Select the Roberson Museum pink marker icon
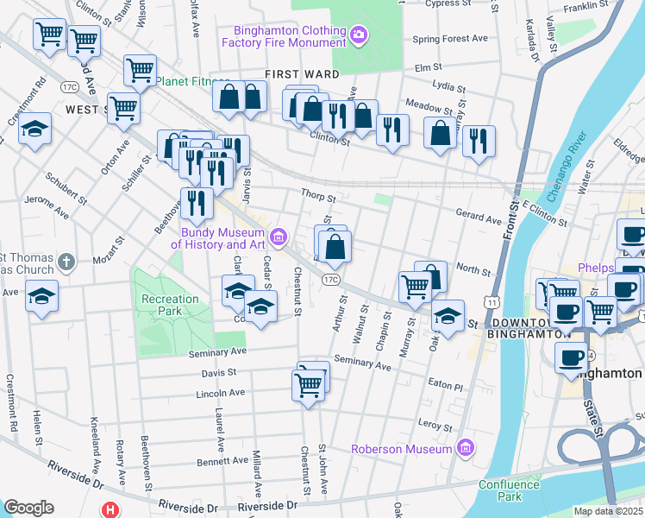tap(467, 448)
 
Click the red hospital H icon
tap(110, 509)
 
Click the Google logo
tap(28, 508)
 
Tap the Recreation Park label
tap(170, 306)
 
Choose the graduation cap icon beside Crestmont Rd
tap(35, 130)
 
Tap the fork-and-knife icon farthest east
tap(479, 140)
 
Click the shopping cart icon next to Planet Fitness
tap(139, 71)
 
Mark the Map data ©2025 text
tap(607, 511)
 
